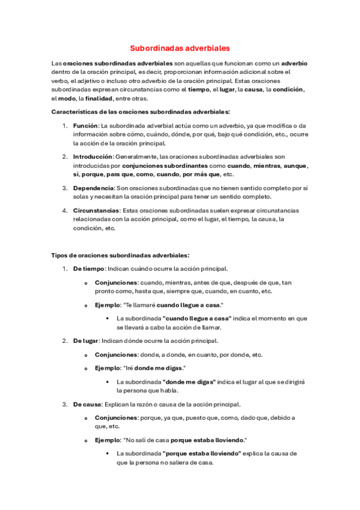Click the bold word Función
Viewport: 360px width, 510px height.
pyautogui.click(x=85, y=125)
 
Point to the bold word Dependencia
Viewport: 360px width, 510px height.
pyautogui.click(x=93, y=188)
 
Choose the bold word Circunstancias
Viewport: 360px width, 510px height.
pyautogui.click(x=96, y=210)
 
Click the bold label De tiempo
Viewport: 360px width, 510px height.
pyautogui.click(x=89, y=268)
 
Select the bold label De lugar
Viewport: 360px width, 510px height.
pyautogui.click(x=86, y=340)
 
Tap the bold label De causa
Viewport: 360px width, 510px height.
pyautogui.click(x=88, y=404)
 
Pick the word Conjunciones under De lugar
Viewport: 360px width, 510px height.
pyautogui.click(x=116, y=354)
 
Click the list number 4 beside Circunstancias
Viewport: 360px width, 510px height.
pyautogui.click(x=66, y=210)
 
